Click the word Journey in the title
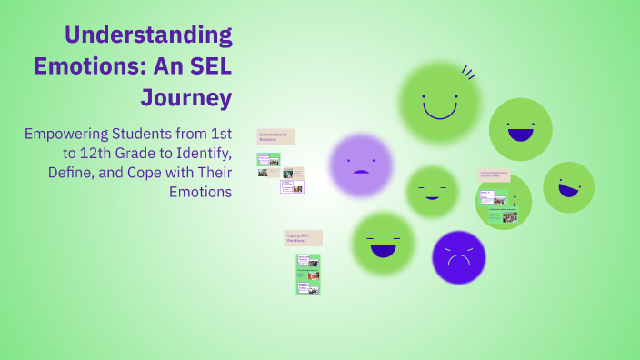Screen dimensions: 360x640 coord(186,96)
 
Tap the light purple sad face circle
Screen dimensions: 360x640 coord(361,165)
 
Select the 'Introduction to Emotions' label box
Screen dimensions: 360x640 coord(275,136)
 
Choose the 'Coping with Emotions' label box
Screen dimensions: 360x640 coord(304,237)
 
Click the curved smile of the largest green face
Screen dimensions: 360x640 coord(440,111)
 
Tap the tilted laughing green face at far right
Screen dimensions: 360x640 coord(569,187)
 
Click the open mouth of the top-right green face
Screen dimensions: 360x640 coord(520,135)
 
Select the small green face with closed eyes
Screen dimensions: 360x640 coord(432,192)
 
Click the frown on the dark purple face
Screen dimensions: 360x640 coord(458,260)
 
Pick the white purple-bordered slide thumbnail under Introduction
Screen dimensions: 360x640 coord(293,186)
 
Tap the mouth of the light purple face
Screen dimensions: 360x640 coord(361,172)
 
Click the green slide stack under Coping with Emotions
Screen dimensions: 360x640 coord(308,274)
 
